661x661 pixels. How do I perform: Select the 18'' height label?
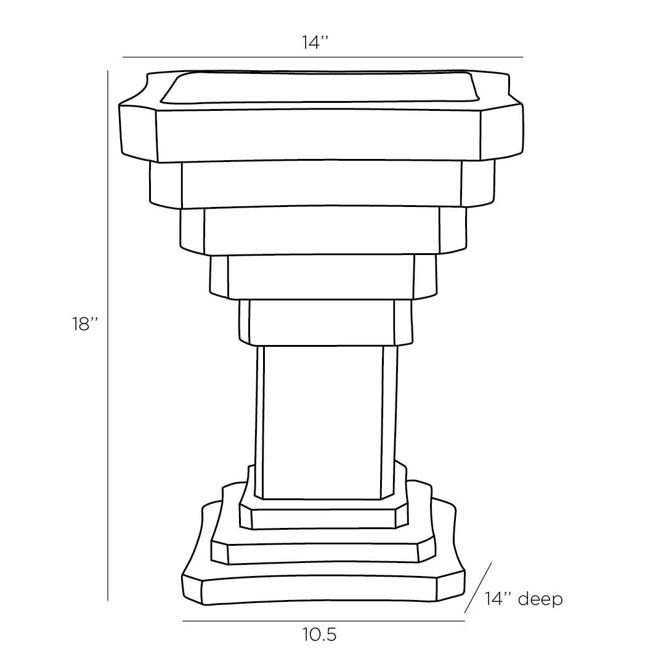[x=85, y=324]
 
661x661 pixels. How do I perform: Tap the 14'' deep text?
[x=523, y=598]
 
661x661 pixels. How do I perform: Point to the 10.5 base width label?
[x=320, y=635]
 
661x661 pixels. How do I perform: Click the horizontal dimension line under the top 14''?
[x=322, y=57]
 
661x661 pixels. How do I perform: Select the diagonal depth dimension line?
[x=478, y=588]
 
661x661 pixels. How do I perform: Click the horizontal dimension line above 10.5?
[x=323, y=621]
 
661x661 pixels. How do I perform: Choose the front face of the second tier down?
[x=322, y=184]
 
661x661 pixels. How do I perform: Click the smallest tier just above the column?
[x=321, y=322]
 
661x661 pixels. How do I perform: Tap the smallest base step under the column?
[x=323, y=519]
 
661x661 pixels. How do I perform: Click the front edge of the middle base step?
[x=323, y=553]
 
